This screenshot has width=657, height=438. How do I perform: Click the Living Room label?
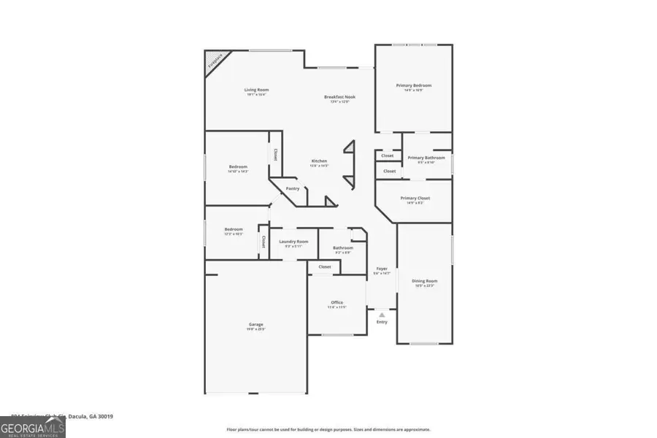pyautogui.click(x=256, y=90)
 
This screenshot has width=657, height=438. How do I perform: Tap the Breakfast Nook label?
pyautogui.click(x=339, y=97)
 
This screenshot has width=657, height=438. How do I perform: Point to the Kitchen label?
pyautogui.click(x=319, y=161)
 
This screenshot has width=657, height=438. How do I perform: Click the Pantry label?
pyautogui.click(x=292, y=188)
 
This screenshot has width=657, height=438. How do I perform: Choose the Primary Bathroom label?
pyautogui.click(x=426, y=158)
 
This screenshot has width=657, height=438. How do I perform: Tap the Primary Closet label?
pyautogui.click(x=415, y=199)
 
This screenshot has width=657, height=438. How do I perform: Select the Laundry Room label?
pyautogui.click(x=293, y=242)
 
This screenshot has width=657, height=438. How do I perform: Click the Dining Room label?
pyautogui.click(x=424, y=281)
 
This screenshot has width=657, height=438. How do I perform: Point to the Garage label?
pyautogui.click(x=255, y=325)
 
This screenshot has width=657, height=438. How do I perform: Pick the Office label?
pyautogui.click(x=337, y=303)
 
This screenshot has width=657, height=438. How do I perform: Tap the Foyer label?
pyautogui.click(x=382, y=269)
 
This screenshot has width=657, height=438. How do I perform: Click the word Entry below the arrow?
pyautogui.click(x=382, y=322)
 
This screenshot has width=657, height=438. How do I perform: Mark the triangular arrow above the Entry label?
pyautogui.click(x=382, y=315)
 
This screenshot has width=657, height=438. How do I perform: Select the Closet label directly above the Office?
pyautogui.click(x=325, y=267)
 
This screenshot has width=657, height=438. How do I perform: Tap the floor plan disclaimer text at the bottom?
pyautogui.click(x=328, y=430)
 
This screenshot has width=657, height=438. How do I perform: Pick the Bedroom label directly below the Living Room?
pyautogui.click(x=238, y=167)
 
